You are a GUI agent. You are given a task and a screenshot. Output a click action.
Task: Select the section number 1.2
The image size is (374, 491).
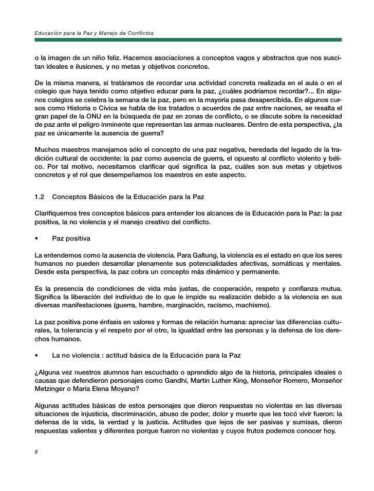coord(39,197)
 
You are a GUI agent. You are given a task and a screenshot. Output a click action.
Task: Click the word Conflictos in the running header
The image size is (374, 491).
coord(139,33)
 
